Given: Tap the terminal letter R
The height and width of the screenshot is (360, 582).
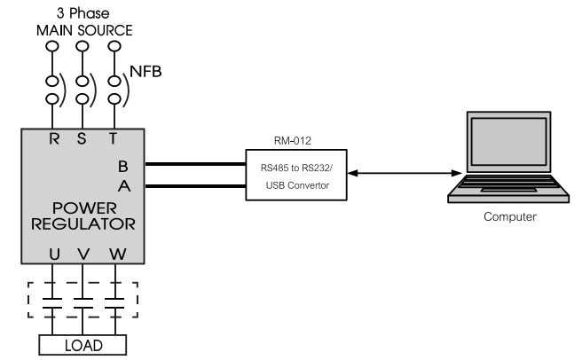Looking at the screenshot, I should tap(54, 138).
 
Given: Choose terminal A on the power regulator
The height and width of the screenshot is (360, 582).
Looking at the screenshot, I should tap(122, 186).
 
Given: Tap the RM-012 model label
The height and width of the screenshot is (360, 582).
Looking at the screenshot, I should tap(297, 139).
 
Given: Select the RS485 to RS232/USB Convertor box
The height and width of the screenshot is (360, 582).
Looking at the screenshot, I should tap(297, 174).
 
